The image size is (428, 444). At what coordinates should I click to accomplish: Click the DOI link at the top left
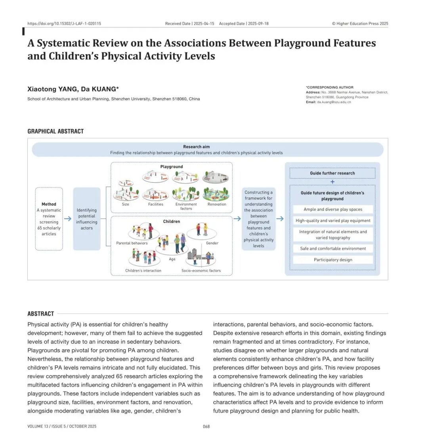click(x=64, y=23)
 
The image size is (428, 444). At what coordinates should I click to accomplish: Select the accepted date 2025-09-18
click(x=258, y=23)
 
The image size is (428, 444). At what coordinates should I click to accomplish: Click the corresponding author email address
click(x=334, y=102)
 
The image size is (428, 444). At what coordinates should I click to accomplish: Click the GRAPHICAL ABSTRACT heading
click(x=55, y=131)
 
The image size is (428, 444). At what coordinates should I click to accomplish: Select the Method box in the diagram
click(x=49, y=219)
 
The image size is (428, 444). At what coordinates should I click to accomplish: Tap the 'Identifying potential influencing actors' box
click(x=87, y=219)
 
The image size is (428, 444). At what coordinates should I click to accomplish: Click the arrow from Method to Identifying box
click(x=68, y=219)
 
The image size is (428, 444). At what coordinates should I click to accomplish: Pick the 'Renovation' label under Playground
click(x=217, y=204)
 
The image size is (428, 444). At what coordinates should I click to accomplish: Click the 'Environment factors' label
click(x=186, y=206)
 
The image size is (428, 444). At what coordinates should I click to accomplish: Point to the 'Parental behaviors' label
click(x=132, y=243)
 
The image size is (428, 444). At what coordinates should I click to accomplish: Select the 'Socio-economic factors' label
click(x=201, y=271)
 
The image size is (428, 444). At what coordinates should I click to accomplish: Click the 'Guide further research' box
click(x=332, y=173)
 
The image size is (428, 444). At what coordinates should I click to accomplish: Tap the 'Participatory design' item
click(x=333, y=260)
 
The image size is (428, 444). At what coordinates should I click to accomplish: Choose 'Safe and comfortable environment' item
click(x=333, y=249)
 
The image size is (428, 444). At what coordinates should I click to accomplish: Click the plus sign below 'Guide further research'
click(x=332, y=182)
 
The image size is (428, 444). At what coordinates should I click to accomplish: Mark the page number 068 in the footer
click(x=206, y=427)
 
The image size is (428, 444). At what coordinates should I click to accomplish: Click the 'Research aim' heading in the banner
click(x=196, y=147)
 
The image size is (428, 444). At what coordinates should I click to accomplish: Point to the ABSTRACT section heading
click(x=40, y=313)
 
